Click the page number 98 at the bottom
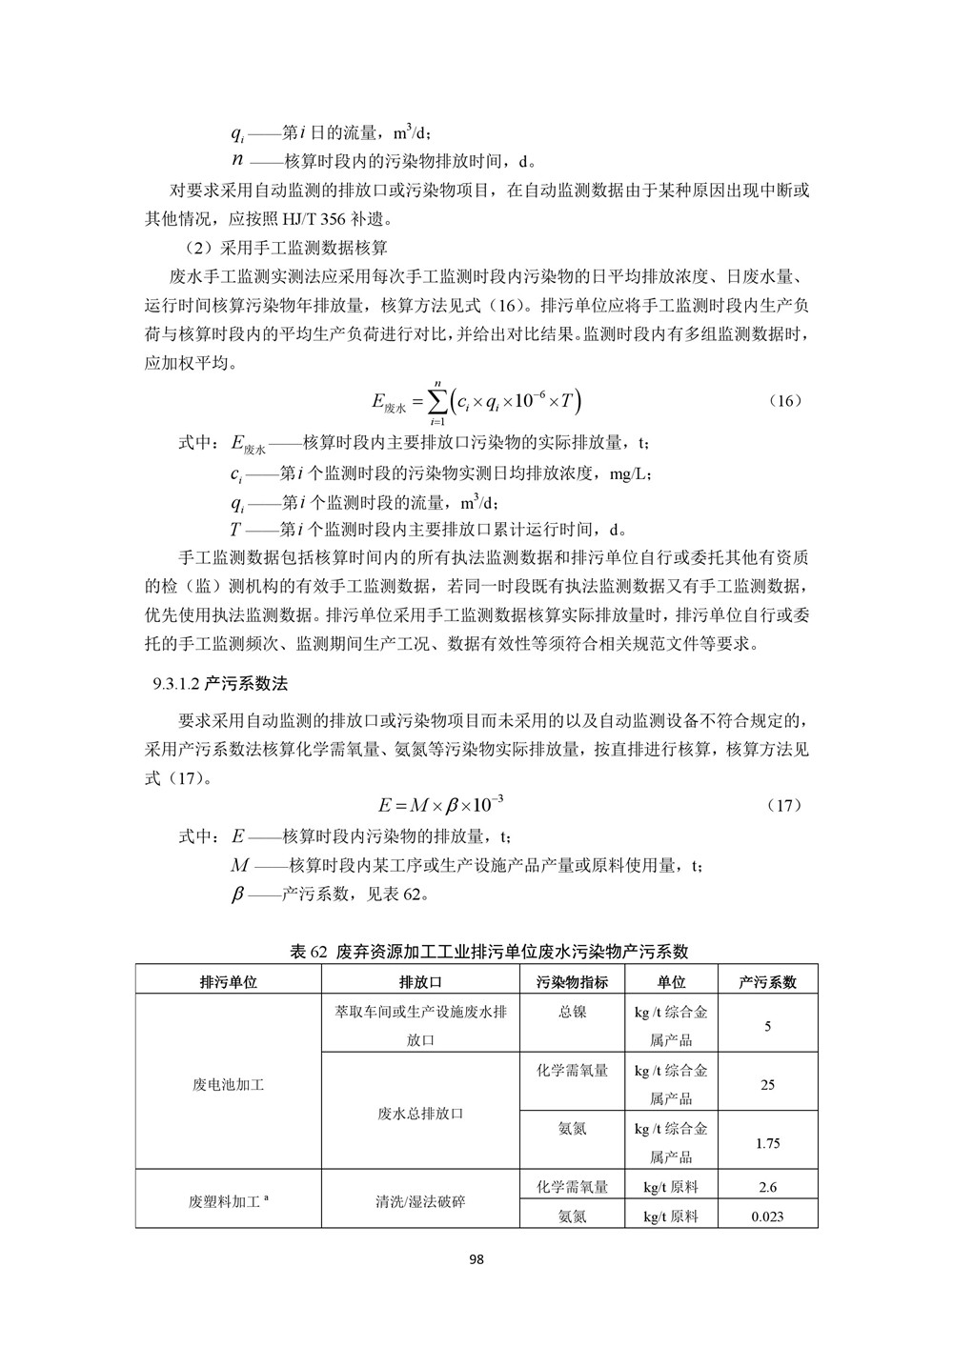pos(476,1259)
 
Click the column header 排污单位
pos(229,982)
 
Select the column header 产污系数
pos(768,982)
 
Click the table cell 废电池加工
pos(229,1084)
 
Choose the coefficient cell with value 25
pos(768,1084)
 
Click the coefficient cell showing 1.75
pos(768,1143)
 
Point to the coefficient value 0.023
pos(768,1216)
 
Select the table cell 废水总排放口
pos(420,1113)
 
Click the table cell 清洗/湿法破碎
pos(420,1201)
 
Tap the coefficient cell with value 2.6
pos(768,1187)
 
